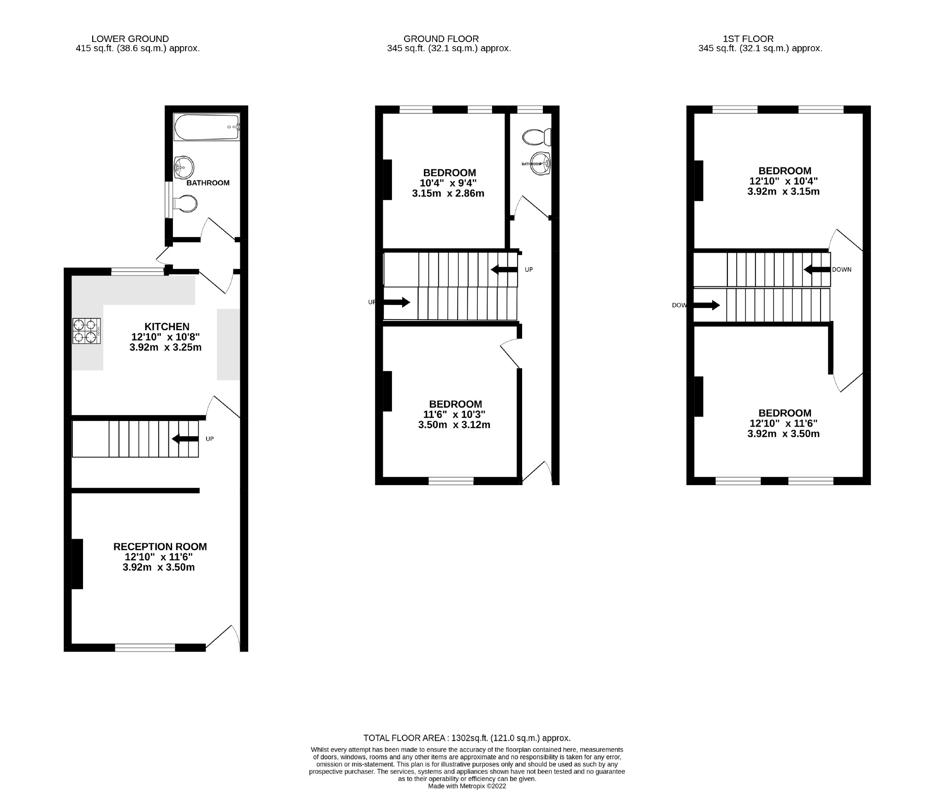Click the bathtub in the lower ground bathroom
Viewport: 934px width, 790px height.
point(207,127)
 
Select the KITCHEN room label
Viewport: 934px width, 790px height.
point(167,327)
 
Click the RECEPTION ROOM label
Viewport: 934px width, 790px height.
point(160,546)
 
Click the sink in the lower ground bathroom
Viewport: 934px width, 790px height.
point(184,167)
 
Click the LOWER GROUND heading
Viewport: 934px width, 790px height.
point(130,39)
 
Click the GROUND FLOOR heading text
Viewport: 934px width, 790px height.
point(440,39)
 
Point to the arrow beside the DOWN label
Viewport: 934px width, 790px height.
point(817,269)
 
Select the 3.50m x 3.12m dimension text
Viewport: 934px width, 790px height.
point(454,425)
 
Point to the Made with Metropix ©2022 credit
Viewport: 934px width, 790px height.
point(467,786)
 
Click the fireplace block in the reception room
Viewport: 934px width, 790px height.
point(77,564)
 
